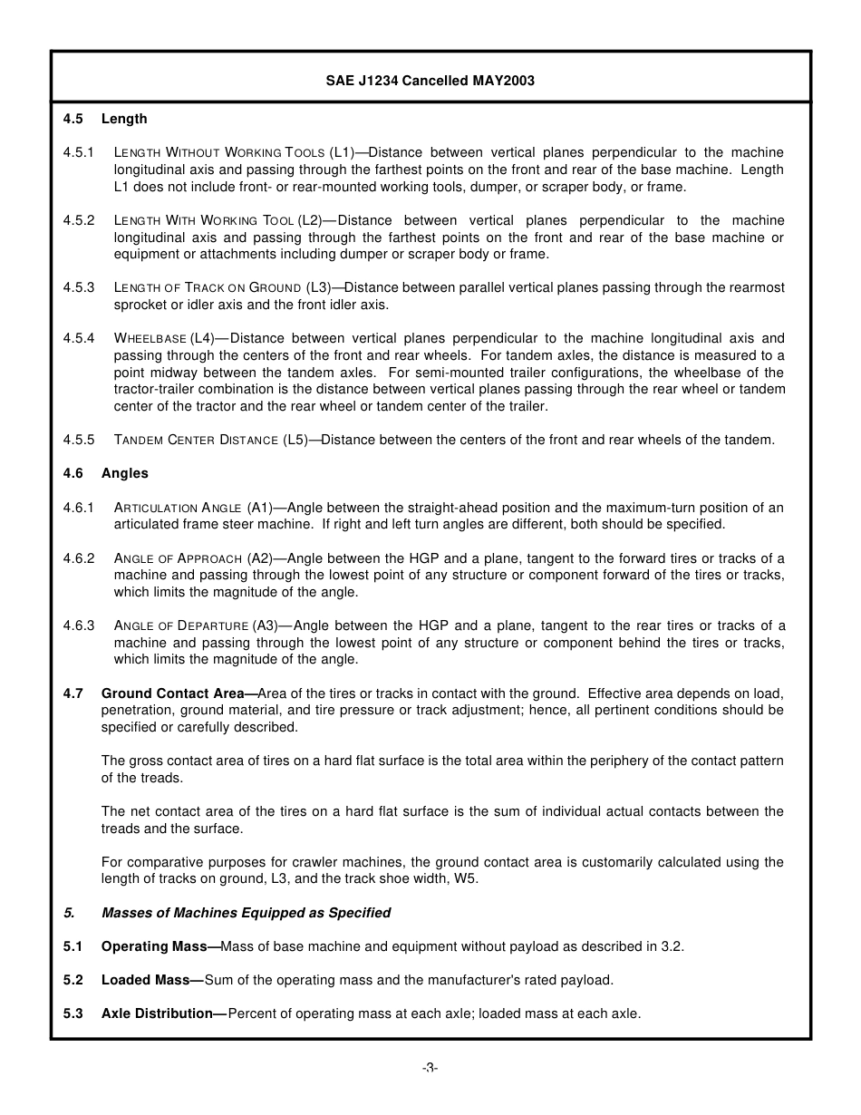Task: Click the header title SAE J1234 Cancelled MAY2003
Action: [430, 81]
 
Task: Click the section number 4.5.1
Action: [79, 152]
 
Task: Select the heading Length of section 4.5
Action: [124, 119]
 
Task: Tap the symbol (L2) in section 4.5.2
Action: [309, 220]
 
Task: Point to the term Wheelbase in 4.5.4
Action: [150, 338]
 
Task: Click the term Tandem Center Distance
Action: [196, 440]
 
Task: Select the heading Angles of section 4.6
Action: [125, 473]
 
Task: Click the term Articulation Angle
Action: [178, 508]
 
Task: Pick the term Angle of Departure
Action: [181, 625]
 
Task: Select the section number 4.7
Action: [73, 693]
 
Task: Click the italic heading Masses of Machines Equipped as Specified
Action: [246, 913]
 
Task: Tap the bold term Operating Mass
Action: [159, 946]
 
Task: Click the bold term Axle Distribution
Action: [161, 1013]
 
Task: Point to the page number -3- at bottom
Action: [430, 1068]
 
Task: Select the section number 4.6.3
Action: [79, 625]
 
